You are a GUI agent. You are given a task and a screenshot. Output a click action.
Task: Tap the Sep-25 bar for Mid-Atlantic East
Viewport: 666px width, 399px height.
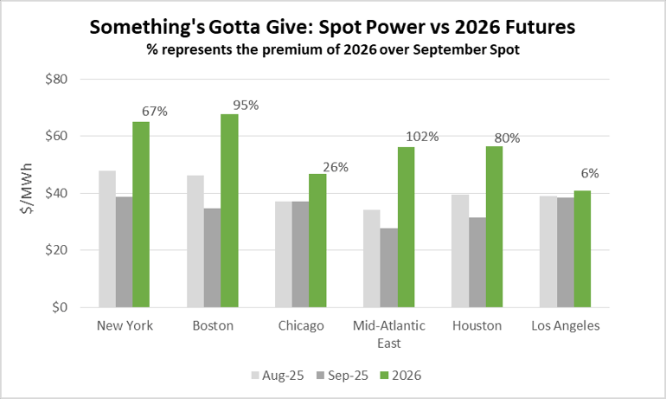388,267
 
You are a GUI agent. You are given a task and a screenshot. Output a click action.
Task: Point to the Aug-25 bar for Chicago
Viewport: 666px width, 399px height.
283,254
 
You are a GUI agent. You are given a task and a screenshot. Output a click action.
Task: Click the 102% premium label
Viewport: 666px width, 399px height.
423,136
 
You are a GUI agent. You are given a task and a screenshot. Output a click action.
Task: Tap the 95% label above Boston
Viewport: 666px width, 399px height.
246,105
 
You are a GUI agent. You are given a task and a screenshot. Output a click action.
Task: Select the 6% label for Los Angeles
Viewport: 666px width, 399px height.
591,173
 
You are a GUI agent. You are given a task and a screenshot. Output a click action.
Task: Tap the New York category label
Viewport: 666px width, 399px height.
125,325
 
